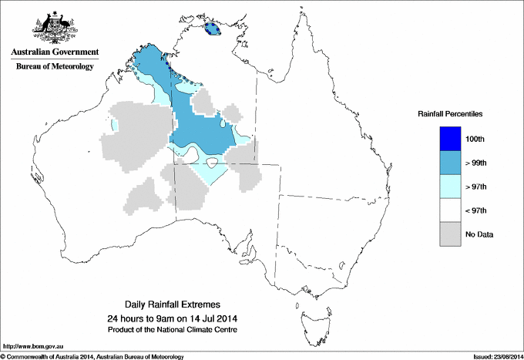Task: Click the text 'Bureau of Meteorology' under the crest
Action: pyautogui.click(x=54, y=66)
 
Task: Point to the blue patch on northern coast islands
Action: pyautogui.click(x=212, y=30)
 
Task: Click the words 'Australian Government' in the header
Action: pyautogui.click(x=54, y=52)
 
